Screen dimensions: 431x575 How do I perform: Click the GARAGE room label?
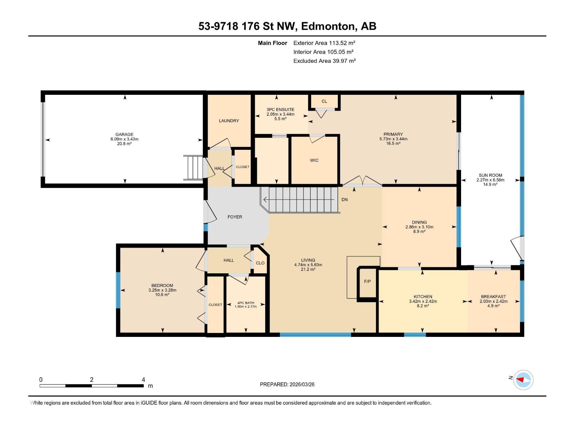coord(124,135)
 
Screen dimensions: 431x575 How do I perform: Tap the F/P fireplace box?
coord(367,282)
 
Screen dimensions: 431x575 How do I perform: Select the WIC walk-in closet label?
coord(314,161)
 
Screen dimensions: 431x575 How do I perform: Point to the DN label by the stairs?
coord(344,200)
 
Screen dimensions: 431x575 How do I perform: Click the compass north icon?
coord(523,380)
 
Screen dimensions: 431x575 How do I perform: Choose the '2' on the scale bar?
coord(92,380)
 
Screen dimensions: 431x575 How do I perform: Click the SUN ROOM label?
coord(490,175)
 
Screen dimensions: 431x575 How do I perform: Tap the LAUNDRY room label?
coord(229,121)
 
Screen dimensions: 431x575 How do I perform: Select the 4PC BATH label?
coord(245,303)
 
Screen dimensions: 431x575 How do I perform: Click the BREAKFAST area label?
coord(493,297)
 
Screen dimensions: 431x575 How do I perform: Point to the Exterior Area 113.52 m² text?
coord(324,43)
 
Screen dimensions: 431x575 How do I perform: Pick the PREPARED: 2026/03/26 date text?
coord(287,384)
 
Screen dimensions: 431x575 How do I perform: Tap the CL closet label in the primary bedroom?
coord(324,101)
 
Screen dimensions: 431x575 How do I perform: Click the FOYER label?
coord(235,217)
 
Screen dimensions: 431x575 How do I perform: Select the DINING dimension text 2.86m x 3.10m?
coord(419,227)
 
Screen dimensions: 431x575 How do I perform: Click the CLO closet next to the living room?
coord(260,263)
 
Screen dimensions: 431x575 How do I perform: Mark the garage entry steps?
coord(193,168)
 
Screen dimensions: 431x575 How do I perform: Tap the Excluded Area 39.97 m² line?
coord(324,61)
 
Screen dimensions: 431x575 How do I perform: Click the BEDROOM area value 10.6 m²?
coord(162,295)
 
